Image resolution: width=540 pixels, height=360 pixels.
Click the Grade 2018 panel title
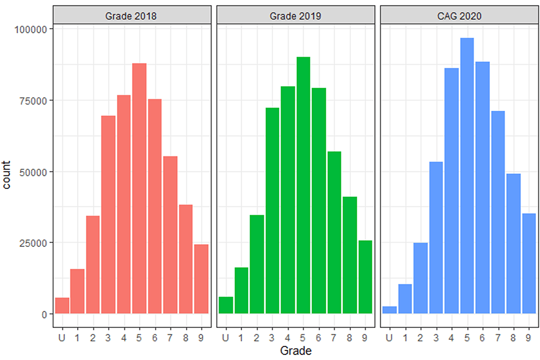pyautogui.click(x=131, y=16)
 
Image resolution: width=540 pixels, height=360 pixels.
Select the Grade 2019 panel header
pyautogui.click(x=295, y=16)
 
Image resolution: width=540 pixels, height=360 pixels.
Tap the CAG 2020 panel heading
pyautogui.click(x=458, y=16)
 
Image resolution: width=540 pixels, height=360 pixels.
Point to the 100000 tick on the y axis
pyautogui.click(x=32, y=29)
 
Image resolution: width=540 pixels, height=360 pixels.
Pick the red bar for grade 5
pyautogui.click(x=139, y=188)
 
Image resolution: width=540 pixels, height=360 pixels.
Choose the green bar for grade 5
pyautogui.click(x=303, y=186)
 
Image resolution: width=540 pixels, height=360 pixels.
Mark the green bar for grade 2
pyautogui.click(x=256, y=264)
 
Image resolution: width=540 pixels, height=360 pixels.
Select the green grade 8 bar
pyautogui.click(x=349, y=255)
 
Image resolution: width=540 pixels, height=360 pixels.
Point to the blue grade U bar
pyautogui.click(x=389, y=310)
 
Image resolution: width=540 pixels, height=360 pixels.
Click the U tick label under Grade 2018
pyautogui.click(x=62, y=338)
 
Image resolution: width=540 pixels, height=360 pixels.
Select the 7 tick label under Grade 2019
pyautogui.click(x=334, y=338)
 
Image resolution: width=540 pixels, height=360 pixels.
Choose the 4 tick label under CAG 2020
pyautogui.click(x=451, y=338)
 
